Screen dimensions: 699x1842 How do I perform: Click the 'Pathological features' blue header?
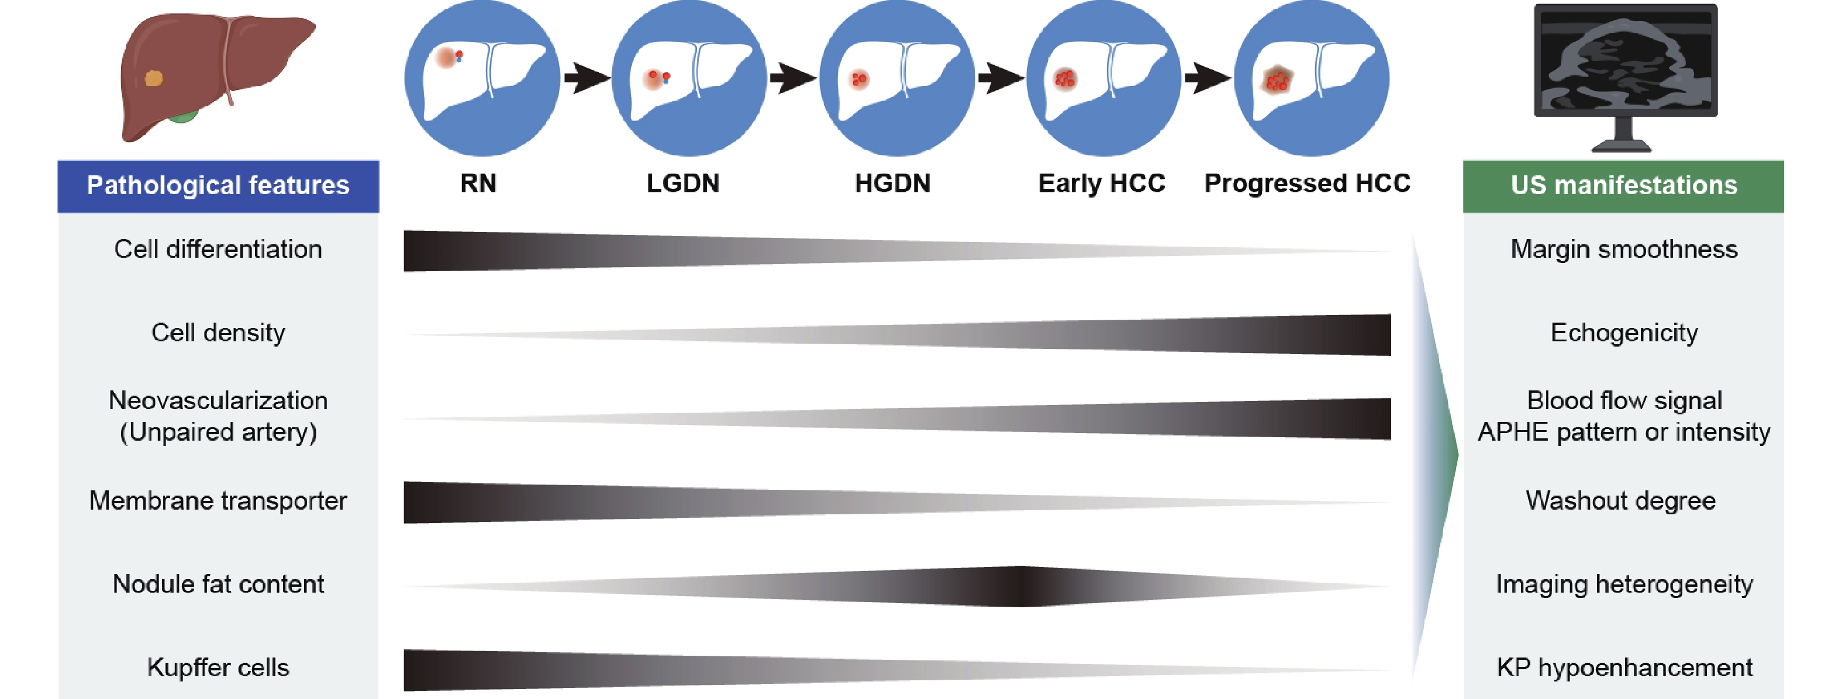[218, 186]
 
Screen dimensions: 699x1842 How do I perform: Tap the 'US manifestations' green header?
[1623, 186]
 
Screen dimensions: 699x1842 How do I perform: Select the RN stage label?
[478, 184]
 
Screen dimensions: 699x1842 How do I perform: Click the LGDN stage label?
[683, 184]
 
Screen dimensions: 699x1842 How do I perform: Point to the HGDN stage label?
[892, 184]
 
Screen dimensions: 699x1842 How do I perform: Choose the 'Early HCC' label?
[1101, 184]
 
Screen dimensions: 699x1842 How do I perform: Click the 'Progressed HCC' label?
[1307, 184]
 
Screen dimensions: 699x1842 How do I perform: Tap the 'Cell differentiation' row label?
[218, 250]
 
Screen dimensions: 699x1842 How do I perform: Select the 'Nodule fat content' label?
[218, 584]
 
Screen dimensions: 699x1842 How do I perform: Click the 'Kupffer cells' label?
[218, 667]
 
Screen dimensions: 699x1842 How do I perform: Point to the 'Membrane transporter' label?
[218, 501]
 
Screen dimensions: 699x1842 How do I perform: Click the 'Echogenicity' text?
[1624, 333]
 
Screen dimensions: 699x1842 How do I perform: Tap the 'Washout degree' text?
[1620, 501]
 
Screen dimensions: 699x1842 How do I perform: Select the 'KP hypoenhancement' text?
[1624, 667]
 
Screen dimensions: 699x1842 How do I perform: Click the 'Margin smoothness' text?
[1624, 250]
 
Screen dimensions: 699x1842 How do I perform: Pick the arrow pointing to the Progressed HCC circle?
[1207, 78]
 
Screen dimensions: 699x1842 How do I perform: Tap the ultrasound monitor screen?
[1624, 61]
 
